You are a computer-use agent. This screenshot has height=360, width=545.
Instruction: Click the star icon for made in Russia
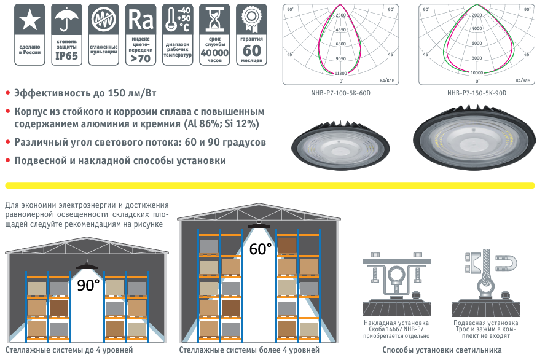tap(29, 20)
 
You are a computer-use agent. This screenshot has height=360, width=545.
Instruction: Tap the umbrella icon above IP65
tap(66, 20)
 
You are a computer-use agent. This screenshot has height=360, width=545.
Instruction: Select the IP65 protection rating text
tap(67, 56)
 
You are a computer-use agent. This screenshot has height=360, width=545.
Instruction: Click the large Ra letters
tap(141, 20)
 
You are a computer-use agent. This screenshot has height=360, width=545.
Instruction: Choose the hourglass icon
tap(215, 20)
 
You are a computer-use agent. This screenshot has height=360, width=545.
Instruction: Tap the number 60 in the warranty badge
tap(251, 51)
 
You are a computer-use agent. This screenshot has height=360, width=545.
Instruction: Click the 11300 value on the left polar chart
tap(340, 73)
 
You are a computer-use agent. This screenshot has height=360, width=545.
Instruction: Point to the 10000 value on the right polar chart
tap(477, 72)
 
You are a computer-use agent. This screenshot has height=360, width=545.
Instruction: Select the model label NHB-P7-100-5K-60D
tap(340, 93)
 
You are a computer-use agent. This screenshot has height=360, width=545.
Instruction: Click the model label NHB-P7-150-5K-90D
tap(477, 93)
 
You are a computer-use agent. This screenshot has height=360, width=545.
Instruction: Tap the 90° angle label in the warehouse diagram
tap(88, 285)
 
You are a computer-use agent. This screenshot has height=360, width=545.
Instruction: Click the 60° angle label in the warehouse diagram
tap(261, 249)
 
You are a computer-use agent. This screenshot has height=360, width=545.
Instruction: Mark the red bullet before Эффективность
tap(8, 93)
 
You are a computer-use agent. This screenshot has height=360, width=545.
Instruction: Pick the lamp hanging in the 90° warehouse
tap(87, 267)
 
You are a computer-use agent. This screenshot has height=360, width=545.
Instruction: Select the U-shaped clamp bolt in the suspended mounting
tap(506, 264)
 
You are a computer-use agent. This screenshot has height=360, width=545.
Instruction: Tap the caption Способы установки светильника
tap(442, 350)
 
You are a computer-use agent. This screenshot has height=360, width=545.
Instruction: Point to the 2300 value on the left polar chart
tap(340, 15)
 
